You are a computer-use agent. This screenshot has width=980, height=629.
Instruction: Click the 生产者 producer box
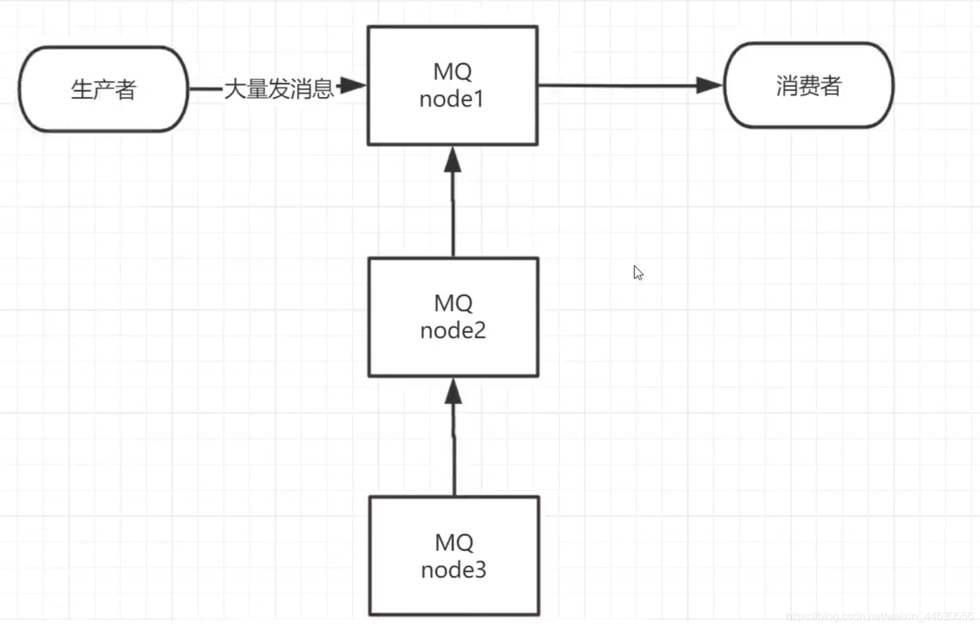pyautogui.click(x=104, y=89)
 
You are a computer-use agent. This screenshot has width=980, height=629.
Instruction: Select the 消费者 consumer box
pyautogui.click(x=809, y=86)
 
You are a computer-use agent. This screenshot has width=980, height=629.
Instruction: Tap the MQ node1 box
pyautogui.click(x=453, y=86)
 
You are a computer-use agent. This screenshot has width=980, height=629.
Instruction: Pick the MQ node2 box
pyautogui.click(x=453, y=317)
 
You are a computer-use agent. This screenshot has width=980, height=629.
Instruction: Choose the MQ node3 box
pyautogui.click(x=454, y=556)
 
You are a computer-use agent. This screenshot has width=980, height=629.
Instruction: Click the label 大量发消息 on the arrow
pyautogui.click(x=279, y=89)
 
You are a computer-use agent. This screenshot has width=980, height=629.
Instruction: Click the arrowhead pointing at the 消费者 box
pyautogui.click(x=709, y=86)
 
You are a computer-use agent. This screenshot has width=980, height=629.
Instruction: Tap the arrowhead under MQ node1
pyautogui.click(x=453, y=159)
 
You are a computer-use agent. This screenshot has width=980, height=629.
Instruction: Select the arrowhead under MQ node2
pyautogui.click(x=453, y=391)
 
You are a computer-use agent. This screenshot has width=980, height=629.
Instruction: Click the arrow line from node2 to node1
pyautogui.click(x=453, y=201)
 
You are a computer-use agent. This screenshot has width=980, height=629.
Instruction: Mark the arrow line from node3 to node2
pyautogui.click(x=453, y=437)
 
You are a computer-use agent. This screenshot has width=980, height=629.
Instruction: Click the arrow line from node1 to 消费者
pyautogui.click(x=631, y=86)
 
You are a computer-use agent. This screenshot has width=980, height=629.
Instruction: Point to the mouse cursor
pyautogui.click(x=638, y=272)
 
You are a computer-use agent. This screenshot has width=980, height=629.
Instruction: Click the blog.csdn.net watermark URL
pyautogui.click(x=879, y=617)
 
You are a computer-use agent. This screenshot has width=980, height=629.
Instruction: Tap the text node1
pyautogui.click(x=451, y=99)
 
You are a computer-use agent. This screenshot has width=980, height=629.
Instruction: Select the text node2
pyautogui.click(x=453, y=330)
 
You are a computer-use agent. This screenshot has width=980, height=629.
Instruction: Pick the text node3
pyautogui.click(x=453, y=570)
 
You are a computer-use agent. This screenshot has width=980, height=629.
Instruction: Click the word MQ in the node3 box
pyautogui.click(x=454, y=543)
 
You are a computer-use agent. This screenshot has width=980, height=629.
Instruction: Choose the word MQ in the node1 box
pyautogui.click(x=452, y=72)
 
